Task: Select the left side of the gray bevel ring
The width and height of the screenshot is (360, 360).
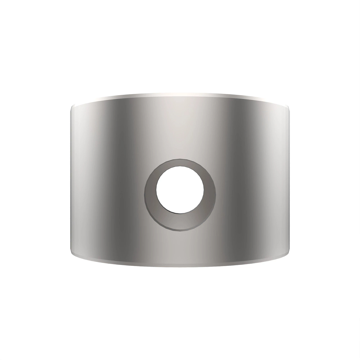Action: (150, 192)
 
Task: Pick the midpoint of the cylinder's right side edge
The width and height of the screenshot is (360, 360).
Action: (290, 180)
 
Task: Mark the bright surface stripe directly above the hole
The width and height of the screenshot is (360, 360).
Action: (180, 129)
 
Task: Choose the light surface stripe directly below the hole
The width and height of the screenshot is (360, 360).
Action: (180, 246)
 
